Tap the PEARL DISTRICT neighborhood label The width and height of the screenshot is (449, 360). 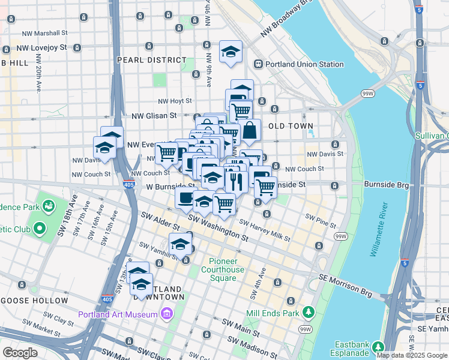coord(152,60)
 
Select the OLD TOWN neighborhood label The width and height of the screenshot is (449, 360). coord(291,126)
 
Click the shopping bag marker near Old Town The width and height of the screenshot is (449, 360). coord(249,130)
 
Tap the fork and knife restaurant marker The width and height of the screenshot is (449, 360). coord(236,179)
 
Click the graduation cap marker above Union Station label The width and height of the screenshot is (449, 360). coord(230,52)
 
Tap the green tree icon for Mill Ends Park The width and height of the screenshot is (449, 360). coord(309,313)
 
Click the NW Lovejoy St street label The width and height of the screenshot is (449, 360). coord(44,47)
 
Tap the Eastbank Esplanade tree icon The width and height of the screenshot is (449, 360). coord(378,347)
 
